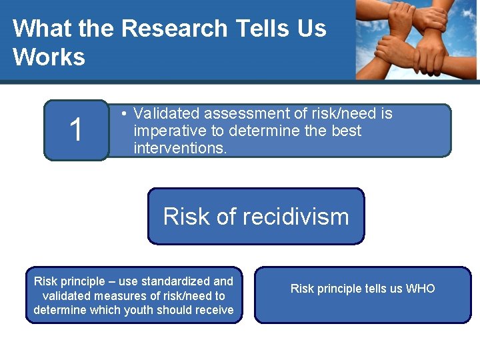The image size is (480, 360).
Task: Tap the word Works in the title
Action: [x=49, y=57]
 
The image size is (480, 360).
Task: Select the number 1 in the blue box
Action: [x=77, y=130]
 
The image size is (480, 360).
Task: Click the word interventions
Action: [x=180, y=147]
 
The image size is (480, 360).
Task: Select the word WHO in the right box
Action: [x=420, y=289]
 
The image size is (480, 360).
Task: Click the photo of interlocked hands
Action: [x=416, y=40]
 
